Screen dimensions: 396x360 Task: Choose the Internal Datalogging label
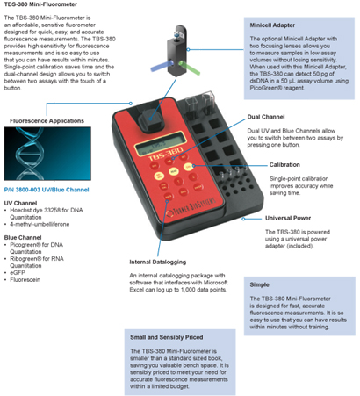[158, 262]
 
